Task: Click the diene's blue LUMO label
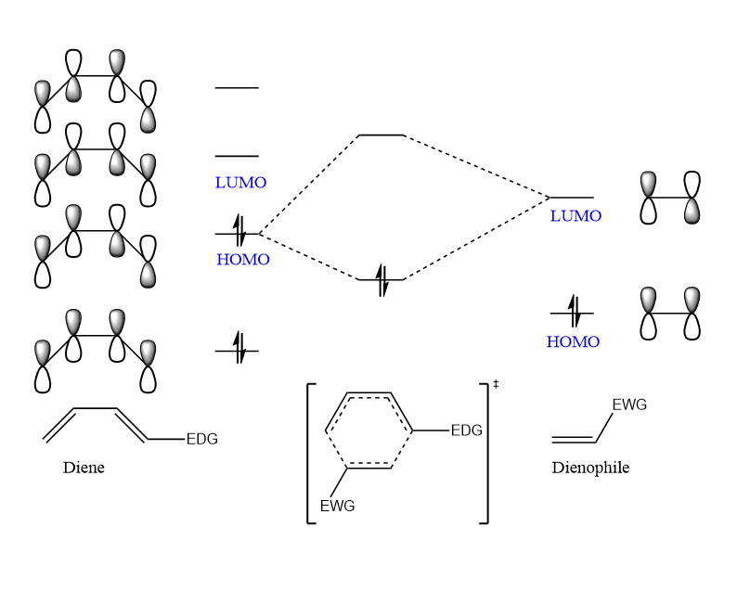coord(240,183)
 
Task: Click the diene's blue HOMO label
coord(243,260)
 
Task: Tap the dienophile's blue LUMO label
coord(575,216)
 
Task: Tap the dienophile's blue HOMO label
coord(573,341)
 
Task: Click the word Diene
coord(84,468)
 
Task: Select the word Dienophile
coord(590,468)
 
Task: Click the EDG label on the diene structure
coord(201,439)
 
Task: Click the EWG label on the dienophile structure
coord(629,405)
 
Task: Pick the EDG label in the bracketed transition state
coord(467,430)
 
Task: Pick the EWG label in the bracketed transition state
coord(337,507)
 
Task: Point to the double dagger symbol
coord(496,383)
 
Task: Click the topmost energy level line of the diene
coord(237,88)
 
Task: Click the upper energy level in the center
coord(381,135)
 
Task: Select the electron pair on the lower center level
coord(381,279)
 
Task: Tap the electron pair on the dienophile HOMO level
coord(573,313)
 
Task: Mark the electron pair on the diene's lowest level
coord(239,350)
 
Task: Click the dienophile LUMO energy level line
coord(572,198)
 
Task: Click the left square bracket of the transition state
coord(310,453)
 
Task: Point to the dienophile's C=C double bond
coord(574,439)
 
